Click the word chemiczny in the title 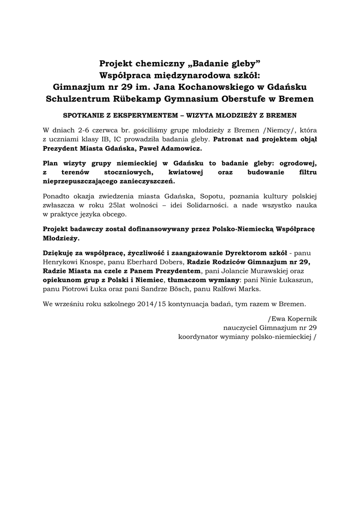pyautogui.click(x=158, y=63)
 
